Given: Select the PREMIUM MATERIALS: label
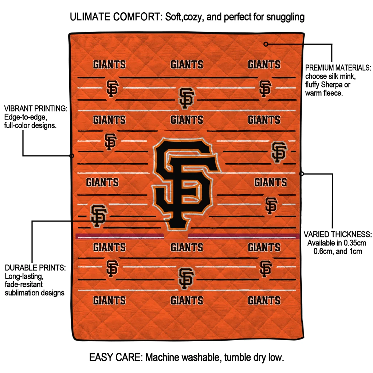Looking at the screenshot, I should (338, 68).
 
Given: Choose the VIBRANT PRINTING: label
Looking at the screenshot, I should (35, 109).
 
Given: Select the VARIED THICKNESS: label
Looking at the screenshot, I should (338, 234).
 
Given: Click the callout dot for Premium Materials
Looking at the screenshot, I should (266, 44).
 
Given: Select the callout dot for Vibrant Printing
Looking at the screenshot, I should (72, 156).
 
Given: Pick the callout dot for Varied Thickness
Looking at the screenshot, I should (301, 174).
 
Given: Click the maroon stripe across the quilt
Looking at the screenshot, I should (120, 236).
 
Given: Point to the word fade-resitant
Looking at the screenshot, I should (24, 284).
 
